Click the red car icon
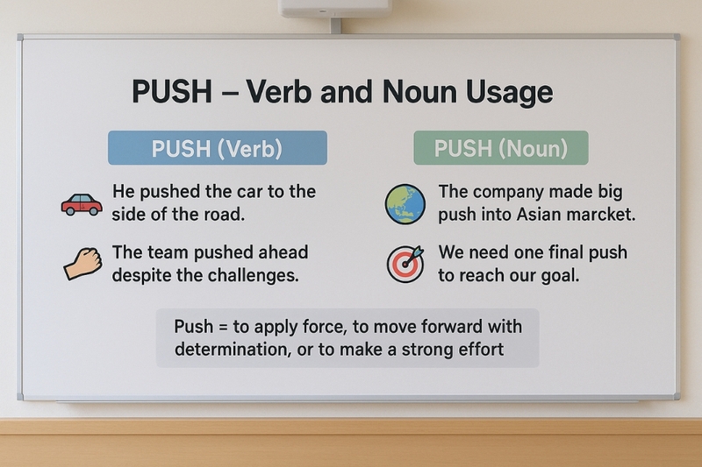(82, 204)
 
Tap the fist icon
(83, 262)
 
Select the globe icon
(405, 204)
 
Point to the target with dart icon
(405, 263)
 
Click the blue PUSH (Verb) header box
(217, 148)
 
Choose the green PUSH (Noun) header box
(500, 148)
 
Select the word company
(508, 192)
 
